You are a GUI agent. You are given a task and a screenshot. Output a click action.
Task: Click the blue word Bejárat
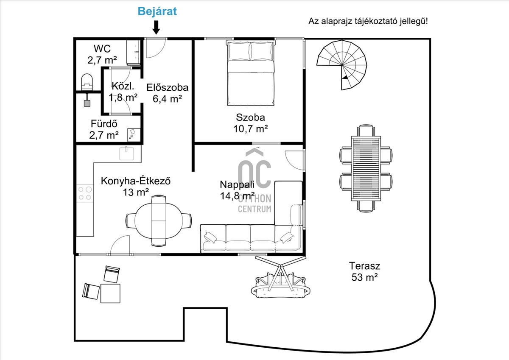coord(157,11)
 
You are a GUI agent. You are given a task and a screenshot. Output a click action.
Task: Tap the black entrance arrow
coord(156,28)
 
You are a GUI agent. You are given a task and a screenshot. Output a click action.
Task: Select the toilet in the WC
coord(87,82)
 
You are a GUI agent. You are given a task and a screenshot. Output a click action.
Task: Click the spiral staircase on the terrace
coord(342,65)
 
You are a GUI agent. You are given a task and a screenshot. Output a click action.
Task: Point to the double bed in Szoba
coord(251,73)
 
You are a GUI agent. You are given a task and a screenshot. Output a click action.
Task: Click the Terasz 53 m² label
coord(364,271)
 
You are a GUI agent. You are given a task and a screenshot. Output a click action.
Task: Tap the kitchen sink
coord(126,153)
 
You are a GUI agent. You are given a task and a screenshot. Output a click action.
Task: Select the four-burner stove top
coord(85,193)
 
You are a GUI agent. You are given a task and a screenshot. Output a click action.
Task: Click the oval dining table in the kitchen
coord(159,220)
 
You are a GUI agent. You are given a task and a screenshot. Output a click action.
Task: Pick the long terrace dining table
coord(366,168)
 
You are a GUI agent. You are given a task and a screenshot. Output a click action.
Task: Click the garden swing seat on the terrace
coord(281,285)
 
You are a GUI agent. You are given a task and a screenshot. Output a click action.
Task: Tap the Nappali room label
coord(237,190)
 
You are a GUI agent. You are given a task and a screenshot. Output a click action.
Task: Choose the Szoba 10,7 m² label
coord(250,123)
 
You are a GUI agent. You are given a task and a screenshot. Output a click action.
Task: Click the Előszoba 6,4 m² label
coord(168,93)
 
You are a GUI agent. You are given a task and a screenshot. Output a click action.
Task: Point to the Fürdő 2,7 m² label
coord(104,129)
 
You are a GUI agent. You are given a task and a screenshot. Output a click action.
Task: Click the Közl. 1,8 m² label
coord(123,92)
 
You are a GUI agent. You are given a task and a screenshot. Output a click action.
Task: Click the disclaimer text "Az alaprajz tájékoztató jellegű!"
coord(368,21)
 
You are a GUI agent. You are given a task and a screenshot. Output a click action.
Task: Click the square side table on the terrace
coord(110,293)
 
